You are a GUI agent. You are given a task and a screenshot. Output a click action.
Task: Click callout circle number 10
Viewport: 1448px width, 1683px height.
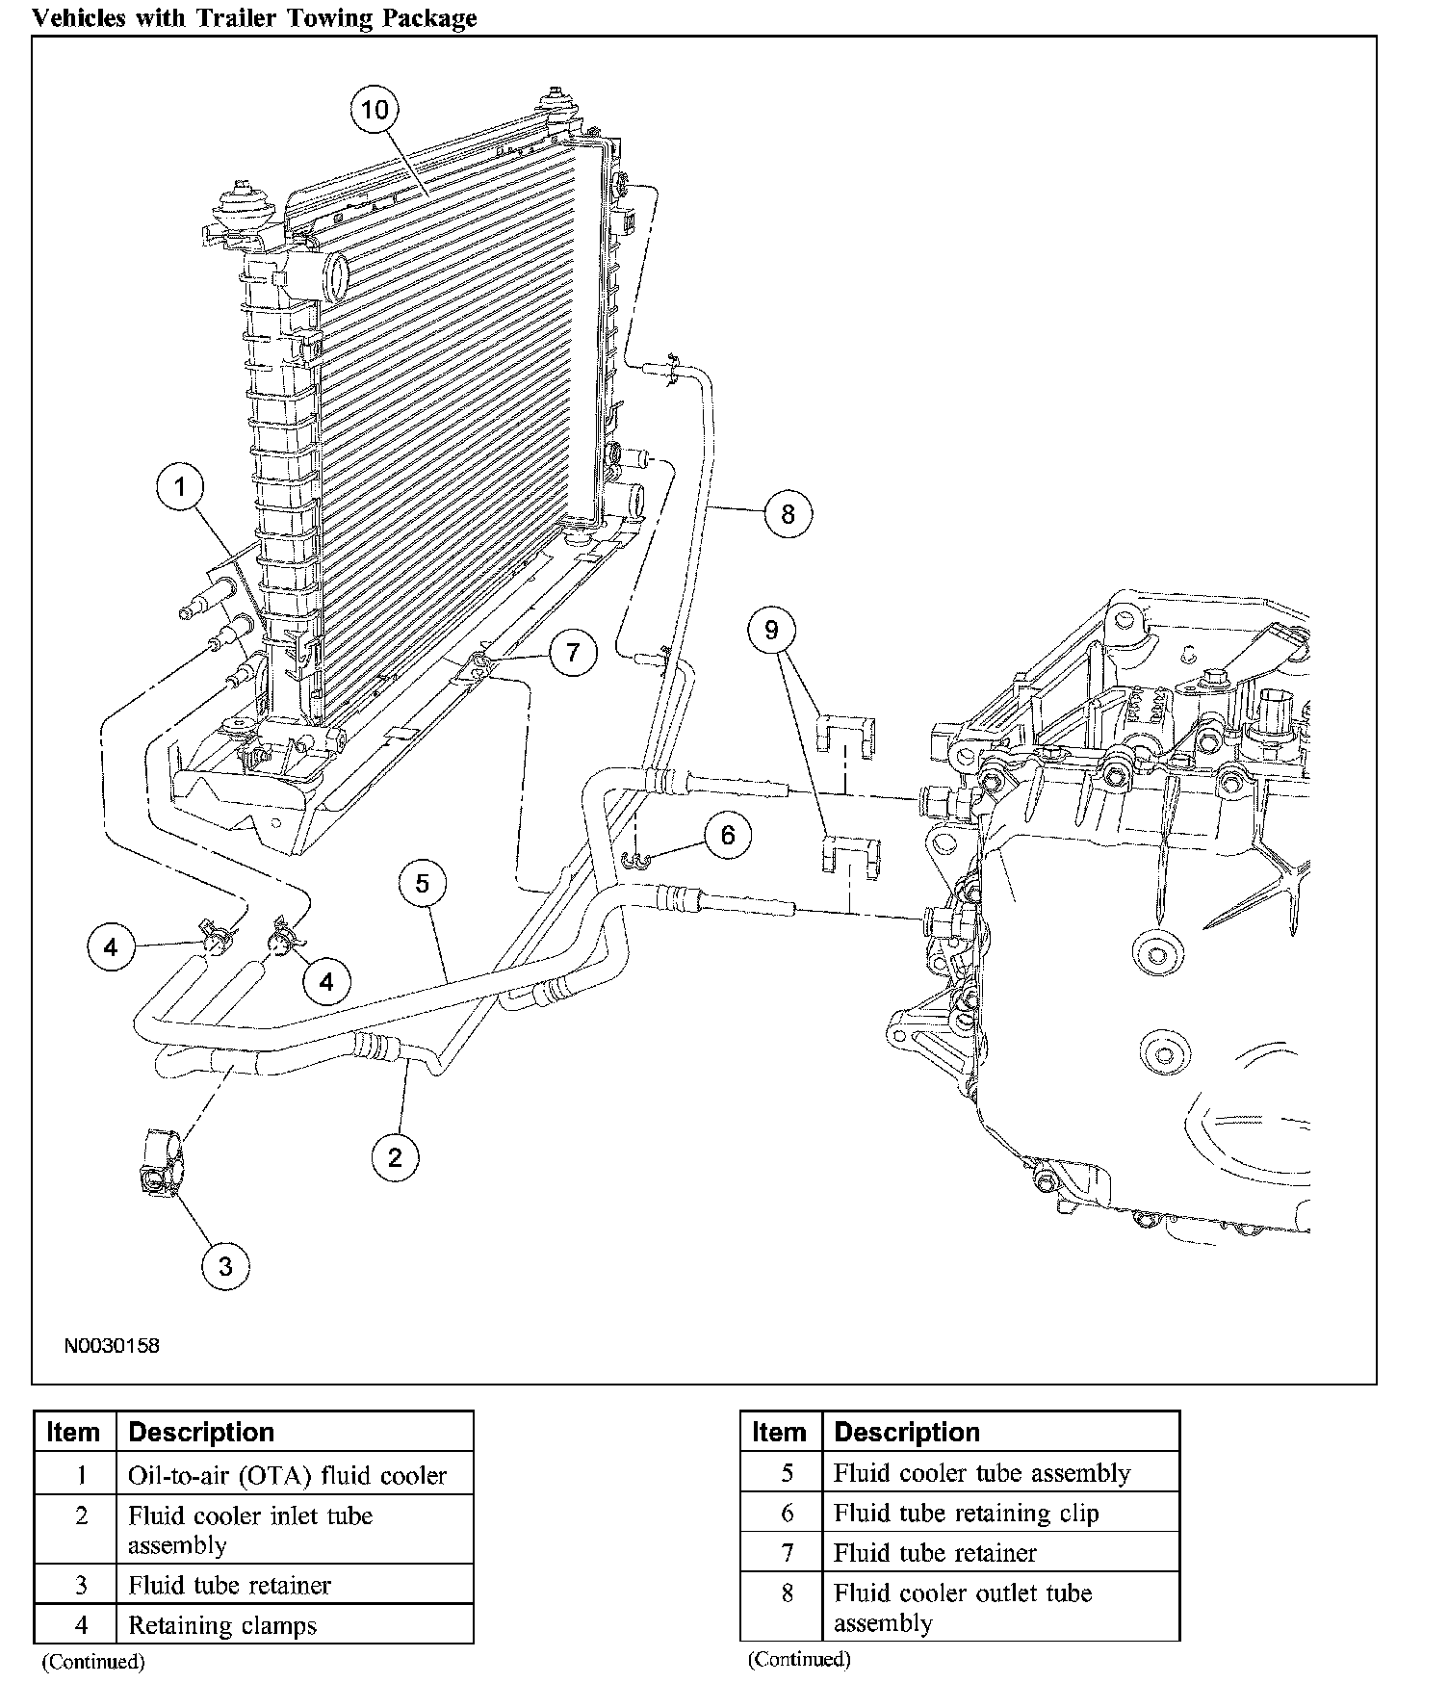pyautogui.click(x=375, y=110)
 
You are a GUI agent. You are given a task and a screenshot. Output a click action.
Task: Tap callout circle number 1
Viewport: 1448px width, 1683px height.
pyautogui.click(x=180, y=488)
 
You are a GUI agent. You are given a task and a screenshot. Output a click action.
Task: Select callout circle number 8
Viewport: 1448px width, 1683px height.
pyautogui.click(x=788, y=514)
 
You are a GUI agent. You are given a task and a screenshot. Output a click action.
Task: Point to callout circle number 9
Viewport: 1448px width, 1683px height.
pyautogui.click(x=771, y=631)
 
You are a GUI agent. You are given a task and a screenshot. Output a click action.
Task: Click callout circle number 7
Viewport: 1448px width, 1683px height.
pyautogui.click(x=573, y=654)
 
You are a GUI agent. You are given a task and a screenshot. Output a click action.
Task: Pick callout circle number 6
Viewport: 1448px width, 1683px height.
pyautogui.click(x=728, y=835)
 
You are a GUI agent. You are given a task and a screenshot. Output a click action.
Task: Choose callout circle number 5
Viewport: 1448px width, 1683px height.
pyautogui.click(x=423, y=883)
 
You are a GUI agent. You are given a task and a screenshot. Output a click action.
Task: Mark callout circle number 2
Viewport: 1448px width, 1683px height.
pyautogui.click(x=395, y=1156)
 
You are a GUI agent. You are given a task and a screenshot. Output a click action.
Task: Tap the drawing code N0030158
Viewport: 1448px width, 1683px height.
pyautogui.click(x=112, y=1346)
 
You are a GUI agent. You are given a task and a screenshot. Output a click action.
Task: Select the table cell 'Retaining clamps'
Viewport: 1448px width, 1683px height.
pyautogui.click(x=222, y=1626)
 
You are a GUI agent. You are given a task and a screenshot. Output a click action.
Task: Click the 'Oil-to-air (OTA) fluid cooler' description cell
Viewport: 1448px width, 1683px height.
pyautogui.click(x=287, y=1476)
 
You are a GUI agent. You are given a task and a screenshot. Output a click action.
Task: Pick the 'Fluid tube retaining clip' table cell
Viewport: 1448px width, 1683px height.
pyautogui.click(x=966, y=1514)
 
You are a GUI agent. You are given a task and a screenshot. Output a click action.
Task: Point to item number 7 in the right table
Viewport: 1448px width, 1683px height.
pyautogui.click(x=787, y=1553)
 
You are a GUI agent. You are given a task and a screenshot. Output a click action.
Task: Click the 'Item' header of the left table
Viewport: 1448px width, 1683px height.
pyautogui.click(x=73, y=1433)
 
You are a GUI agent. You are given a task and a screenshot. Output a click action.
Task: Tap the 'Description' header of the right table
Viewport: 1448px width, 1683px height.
pyautogui.click(x=907, y=1433)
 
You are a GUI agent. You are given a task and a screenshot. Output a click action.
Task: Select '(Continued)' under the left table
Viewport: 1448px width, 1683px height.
pyautogui.click(x=92, y=1662)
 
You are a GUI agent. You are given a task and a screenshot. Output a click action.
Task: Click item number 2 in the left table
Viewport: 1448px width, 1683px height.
pyautogui.click(x=81, y=1516)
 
